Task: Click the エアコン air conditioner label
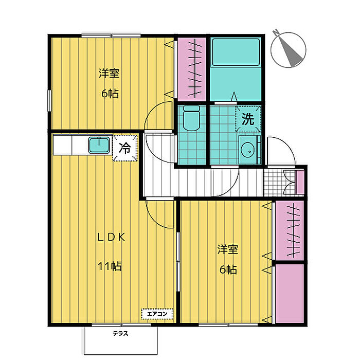tap(157, 314)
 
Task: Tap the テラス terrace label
tap(120, 333)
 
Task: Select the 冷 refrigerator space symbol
tap(125, 148)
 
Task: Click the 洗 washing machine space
tap(248, 119)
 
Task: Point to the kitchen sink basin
tap(99, 145)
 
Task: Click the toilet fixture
tap(191, 118)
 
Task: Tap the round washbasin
tap(247, 150)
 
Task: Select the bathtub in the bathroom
tap(236, 52)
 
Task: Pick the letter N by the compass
tap(276, 32)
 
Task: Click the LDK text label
tap(112, 237)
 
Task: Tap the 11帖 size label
tap(110, 266)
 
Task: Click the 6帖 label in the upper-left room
tap(110, 94)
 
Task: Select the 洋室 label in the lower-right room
tap(228, 249)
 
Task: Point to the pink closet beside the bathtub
tap(192, 69)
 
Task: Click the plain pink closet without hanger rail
tap(290, 294)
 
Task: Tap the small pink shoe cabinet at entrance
tap(300, 183)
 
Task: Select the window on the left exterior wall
tap(49, 101)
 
